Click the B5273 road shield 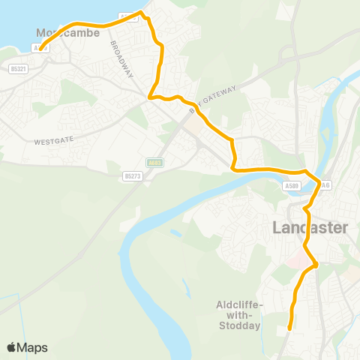tap(133, 176)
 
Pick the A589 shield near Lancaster tap(292, 186)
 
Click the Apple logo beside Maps tap(12, 347)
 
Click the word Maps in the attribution tap(34, 347)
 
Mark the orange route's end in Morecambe tap(40, 49)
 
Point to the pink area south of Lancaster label tap(298, 259)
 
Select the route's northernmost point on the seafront tap(142, 13)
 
